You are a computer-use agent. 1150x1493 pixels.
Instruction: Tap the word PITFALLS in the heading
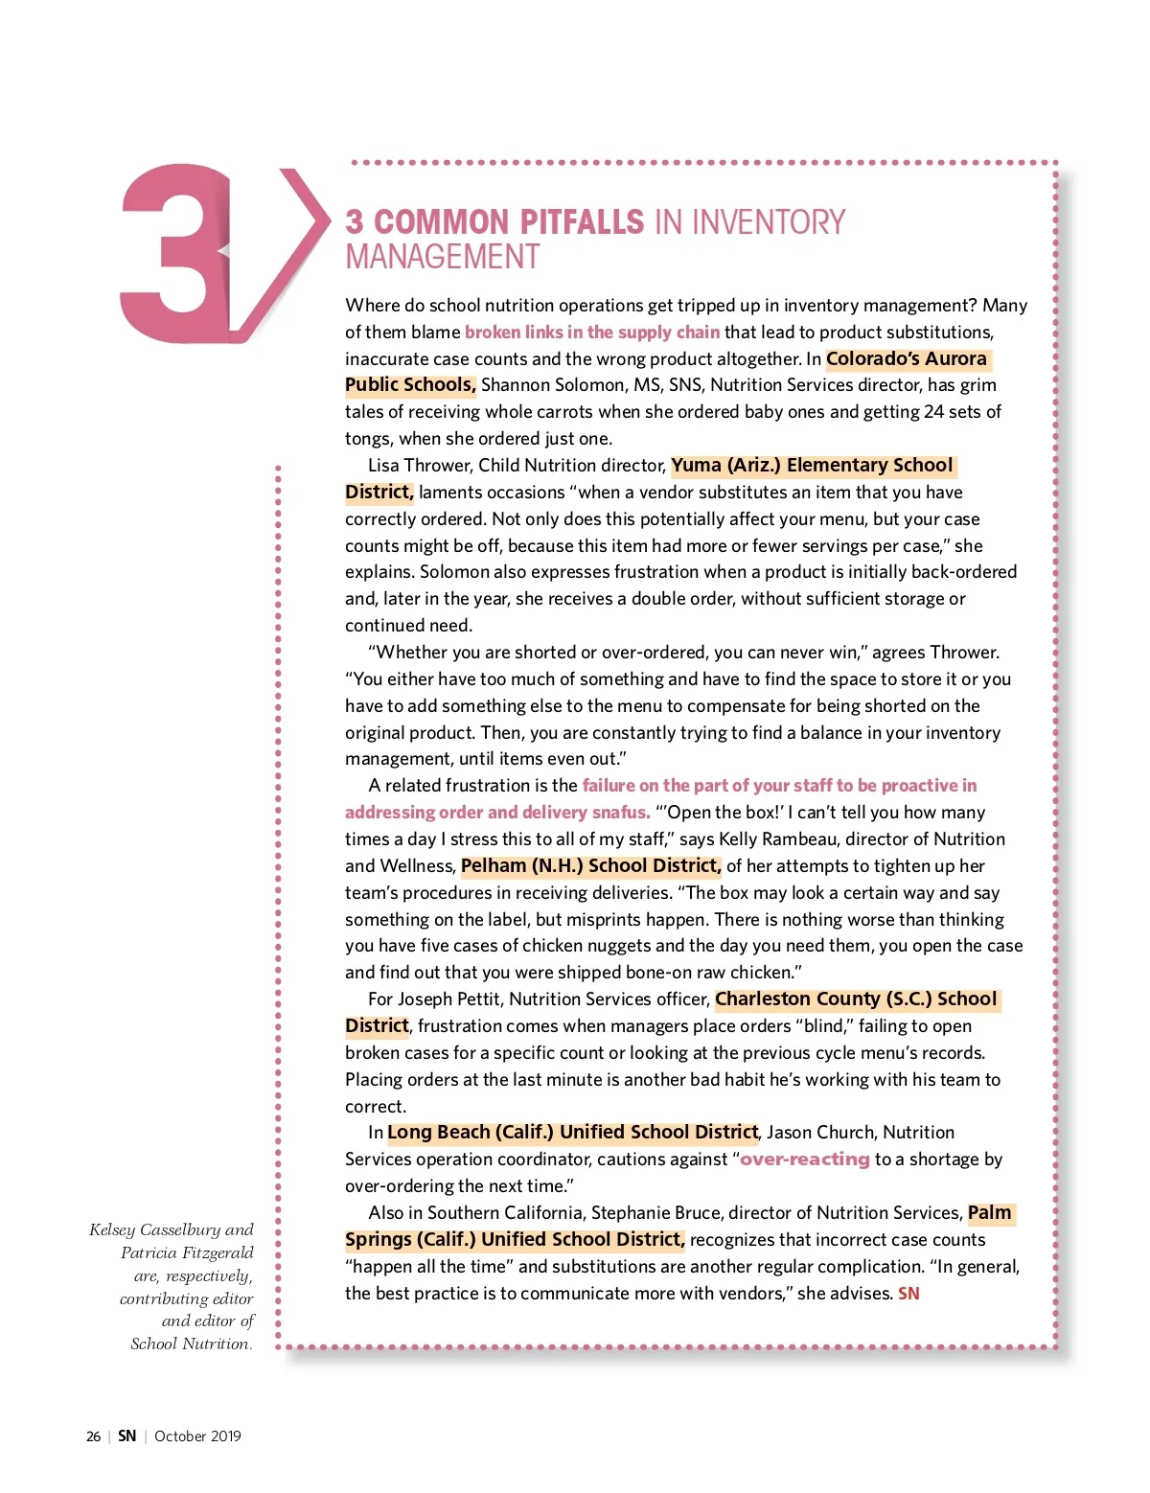pos(582,222)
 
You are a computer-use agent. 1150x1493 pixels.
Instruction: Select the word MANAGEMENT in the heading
pos(442,258)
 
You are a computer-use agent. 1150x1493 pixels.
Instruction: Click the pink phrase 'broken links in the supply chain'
pos(591,333)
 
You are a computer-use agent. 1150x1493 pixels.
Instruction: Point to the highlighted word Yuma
pos(696,466)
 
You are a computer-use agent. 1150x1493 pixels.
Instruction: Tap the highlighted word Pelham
pos(494,866)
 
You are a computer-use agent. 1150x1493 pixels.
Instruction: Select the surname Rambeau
pos(792,839)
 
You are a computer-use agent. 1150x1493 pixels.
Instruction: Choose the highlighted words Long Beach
pos(438,1133)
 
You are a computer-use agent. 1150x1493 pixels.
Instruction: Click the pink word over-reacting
pos(804,1160)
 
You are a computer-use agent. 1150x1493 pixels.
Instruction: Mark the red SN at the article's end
pos(908,1294)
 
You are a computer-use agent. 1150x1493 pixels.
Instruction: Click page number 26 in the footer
pos(93,1436)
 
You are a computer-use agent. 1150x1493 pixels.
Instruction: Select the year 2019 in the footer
pos(225,1436)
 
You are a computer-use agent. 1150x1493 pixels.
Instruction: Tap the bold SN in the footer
pos(127,1436)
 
